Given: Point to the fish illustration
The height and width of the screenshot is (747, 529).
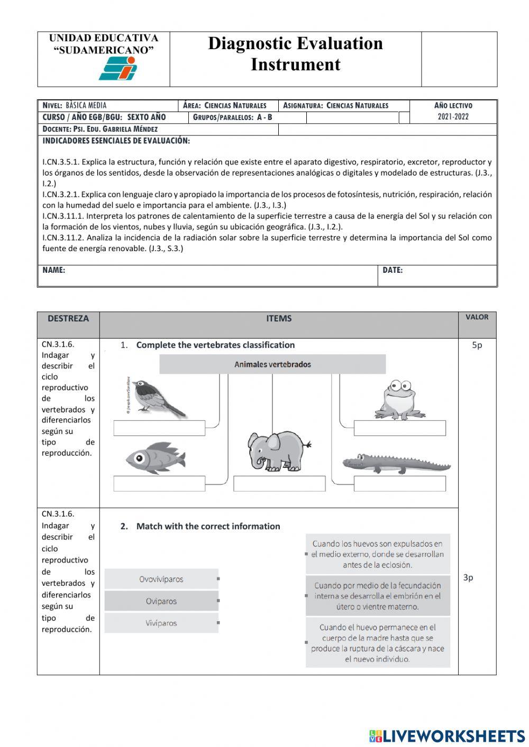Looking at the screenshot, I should click(156, 457).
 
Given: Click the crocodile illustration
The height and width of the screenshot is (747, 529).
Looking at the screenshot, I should click(396, 463).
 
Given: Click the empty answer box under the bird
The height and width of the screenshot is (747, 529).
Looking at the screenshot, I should click(159, 428).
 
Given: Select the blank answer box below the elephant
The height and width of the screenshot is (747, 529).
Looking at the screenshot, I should click(279, 483).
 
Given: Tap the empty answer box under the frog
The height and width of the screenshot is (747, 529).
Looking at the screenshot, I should click(399, 428).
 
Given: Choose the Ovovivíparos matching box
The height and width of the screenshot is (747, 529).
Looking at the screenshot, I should click(161, 579).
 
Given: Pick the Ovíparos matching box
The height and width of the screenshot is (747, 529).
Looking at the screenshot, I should click(161, 601).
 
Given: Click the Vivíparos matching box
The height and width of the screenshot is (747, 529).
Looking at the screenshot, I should click(161, 623).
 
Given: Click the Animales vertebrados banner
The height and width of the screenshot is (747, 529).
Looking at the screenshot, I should click(272, 364).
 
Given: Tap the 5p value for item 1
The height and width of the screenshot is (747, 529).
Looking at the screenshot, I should click(477, 345).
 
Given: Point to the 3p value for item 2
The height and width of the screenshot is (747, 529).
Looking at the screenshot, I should click(468, 577).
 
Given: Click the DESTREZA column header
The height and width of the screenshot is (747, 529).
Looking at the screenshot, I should click(68, 318).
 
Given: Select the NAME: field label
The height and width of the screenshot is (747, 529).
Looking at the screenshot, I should click(54, 270).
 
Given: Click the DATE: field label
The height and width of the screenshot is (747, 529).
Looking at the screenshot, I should click(393, 270).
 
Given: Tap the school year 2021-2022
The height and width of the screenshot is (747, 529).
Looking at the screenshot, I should click(453, 117).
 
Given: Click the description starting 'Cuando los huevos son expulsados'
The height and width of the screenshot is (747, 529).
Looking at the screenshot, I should click(378, 554).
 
